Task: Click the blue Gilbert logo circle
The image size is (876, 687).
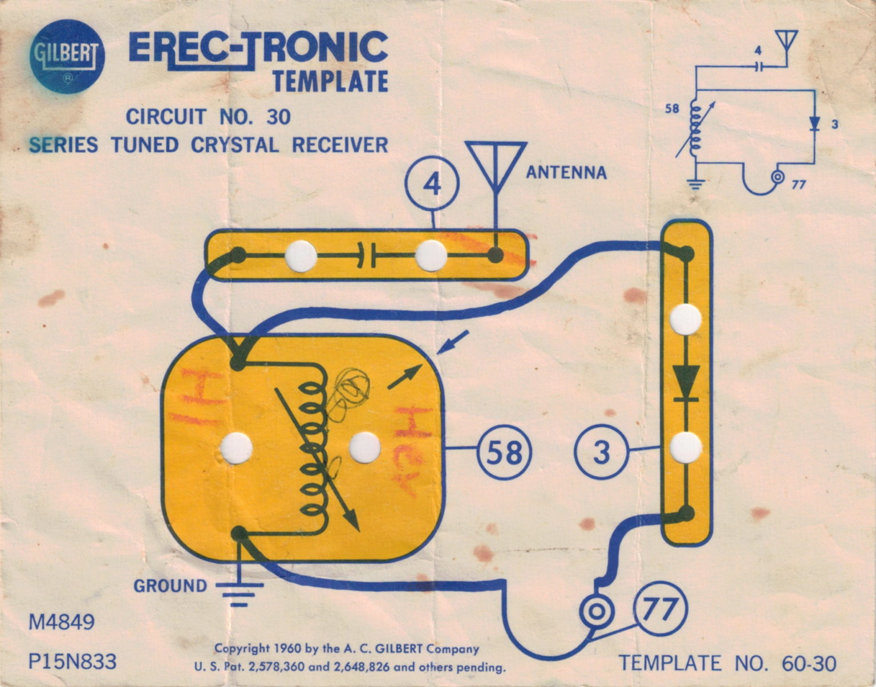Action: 67,56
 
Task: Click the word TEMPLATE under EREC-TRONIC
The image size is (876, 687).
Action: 330,81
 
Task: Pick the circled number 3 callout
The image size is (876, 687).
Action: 601,452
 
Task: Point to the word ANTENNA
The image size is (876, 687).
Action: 566,173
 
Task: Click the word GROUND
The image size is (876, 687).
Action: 170,586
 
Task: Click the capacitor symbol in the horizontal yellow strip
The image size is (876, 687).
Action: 366,256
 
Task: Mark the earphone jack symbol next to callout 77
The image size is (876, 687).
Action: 596,612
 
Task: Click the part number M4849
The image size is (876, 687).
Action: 62,622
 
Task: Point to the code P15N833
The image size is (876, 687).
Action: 72,662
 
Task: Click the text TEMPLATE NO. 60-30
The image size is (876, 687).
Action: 728,664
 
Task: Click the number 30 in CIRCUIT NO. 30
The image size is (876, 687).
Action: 278,117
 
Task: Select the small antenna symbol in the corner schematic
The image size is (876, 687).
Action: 786,43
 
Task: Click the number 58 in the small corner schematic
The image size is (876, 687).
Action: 672,108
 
